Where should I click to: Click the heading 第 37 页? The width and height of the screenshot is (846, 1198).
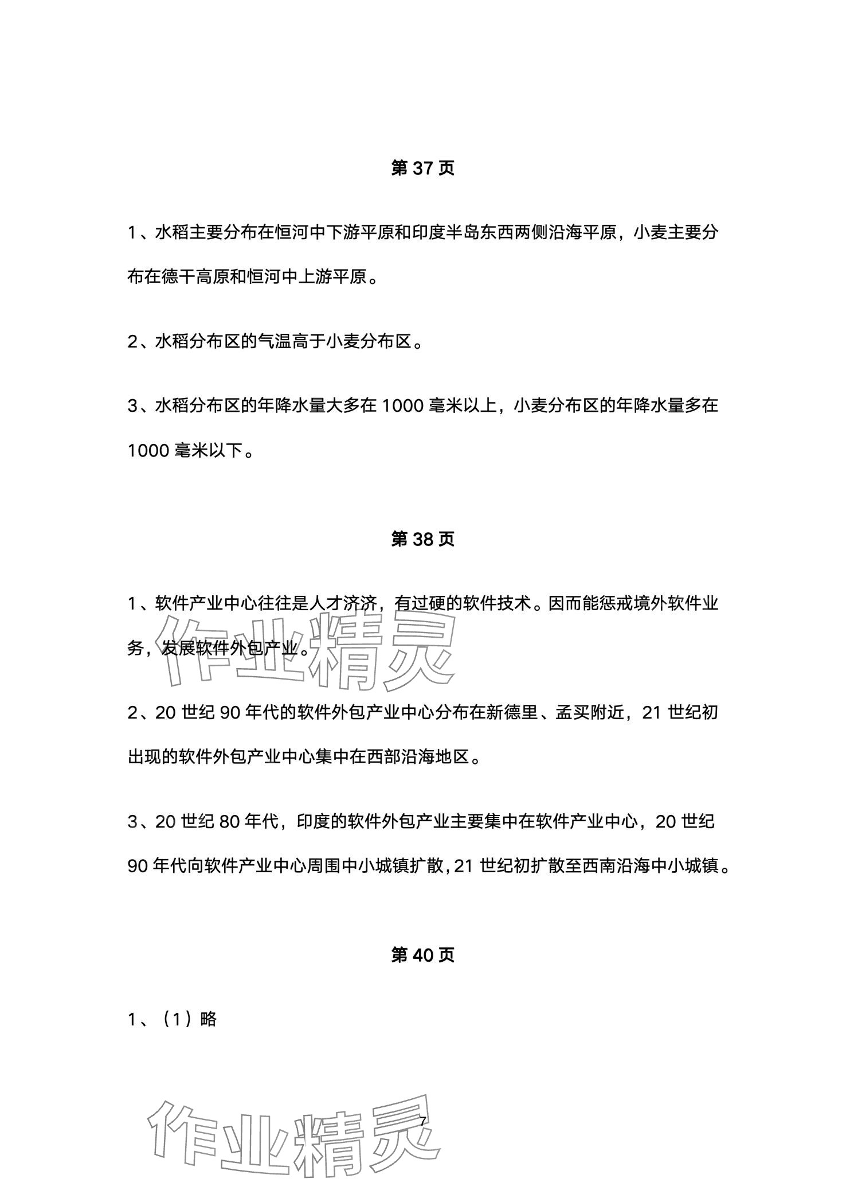[422, 168]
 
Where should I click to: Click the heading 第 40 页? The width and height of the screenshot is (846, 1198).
[422, 955]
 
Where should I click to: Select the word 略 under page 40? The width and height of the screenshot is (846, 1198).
[209, 1019]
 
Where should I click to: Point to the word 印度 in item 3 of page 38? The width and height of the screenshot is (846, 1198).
[312, 822]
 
